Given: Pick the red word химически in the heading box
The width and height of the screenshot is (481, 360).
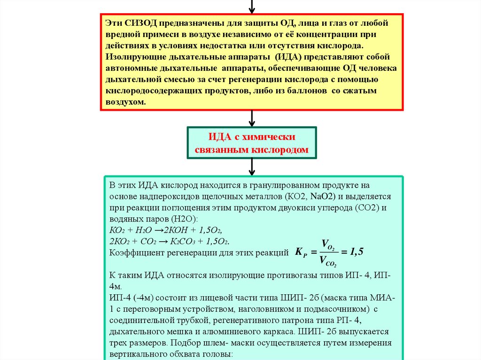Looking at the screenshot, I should pos(268,137).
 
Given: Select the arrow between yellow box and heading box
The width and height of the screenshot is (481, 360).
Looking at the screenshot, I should pos(252,118).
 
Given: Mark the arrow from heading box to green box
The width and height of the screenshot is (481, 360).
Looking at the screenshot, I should pos(252,167).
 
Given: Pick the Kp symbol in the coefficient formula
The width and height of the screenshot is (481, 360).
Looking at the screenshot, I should pos(301,252).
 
